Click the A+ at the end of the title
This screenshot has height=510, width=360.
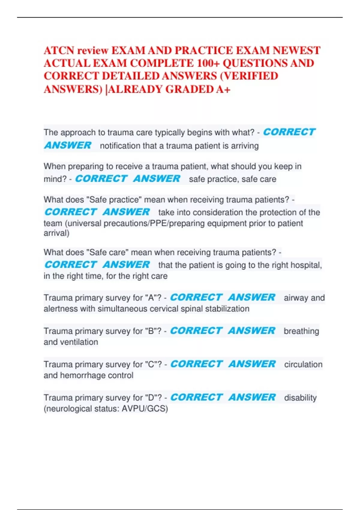(x=223, y=89)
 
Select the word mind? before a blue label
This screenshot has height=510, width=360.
(x=55, y=179)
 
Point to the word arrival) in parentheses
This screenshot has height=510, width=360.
(x=56, y=233)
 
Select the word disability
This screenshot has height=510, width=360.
(x=300, y=398)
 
